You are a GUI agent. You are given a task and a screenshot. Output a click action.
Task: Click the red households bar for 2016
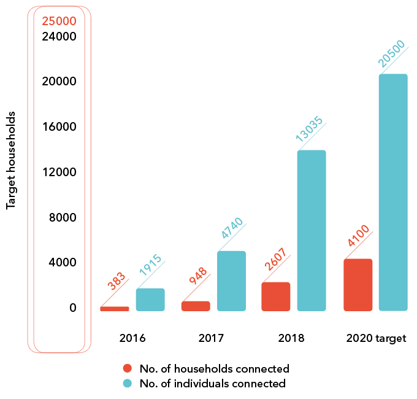(115, 309)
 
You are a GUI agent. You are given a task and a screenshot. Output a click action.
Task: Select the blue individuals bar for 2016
(150, 300)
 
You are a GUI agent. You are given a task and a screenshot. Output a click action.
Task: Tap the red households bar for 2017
(196, 306)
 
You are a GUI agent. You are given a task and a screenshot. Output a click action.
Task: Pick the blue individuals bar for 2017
(231, 281)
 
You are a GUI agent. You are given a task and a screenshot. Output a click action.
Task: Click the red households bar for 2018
(276, 296)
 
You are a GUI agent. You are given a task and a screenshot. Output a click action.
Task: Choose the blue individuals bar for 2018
(312, 230)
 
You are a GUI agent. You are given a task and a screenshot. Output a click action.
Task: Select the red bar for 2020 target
(358, 285)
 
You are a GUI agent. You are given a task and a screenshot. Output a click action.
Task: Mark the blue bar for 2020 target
(393, 192)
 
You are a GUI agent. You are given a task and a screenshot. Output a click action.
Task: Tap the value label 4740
(232, 228)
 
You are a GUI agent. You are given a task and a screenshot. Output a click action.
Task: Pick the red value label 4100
(358, 236)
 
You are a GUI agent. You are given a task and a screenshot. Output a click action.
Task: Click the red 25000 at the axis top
(59, 21)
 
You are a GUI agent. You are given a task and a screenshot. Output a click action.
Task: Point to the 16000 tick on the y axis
(59, 127)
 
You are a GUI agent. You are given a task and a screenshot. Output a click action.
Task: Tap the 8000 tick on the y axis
(63, 217)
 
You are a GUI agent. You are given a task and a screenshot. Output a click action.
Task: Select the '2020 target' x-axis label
(376, 338)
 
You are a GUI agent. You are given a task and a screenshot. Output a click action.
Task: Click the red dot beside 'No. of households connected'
(128, 369)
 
